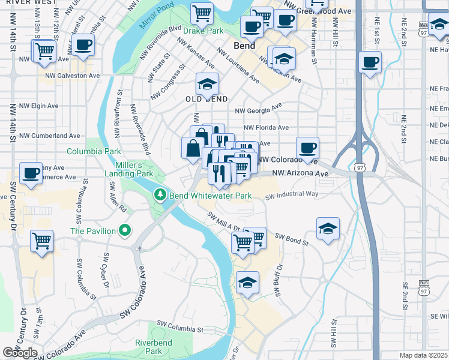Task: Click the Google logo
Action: (20, 353)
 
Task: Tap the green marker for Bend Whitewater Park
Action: (160, 195)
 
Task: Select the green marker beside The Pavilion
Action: (125, 230)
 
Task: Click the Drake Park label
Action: (203, 30)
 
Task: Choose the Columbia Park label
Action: (94, 152)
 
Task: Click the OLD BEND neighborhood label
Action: (206, 99)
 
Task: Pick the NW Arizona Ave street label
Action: (301, 173)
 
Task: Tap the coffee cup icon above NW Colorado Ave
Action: (307, 148)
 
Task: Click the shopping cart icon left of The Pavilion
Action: (41, 241)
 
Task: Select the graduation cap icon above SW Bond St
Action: (328, 229)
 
